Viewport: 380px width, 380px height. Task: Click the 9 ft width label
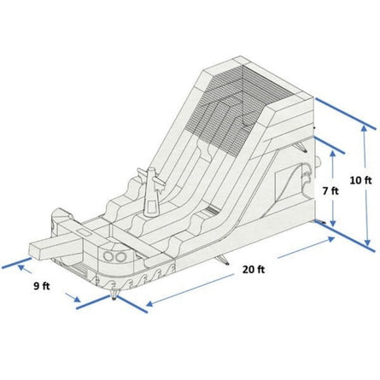(x=41, y=285)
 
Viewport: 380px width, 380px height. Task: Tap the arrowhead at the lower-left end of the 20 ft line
(x=149, y=306)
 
